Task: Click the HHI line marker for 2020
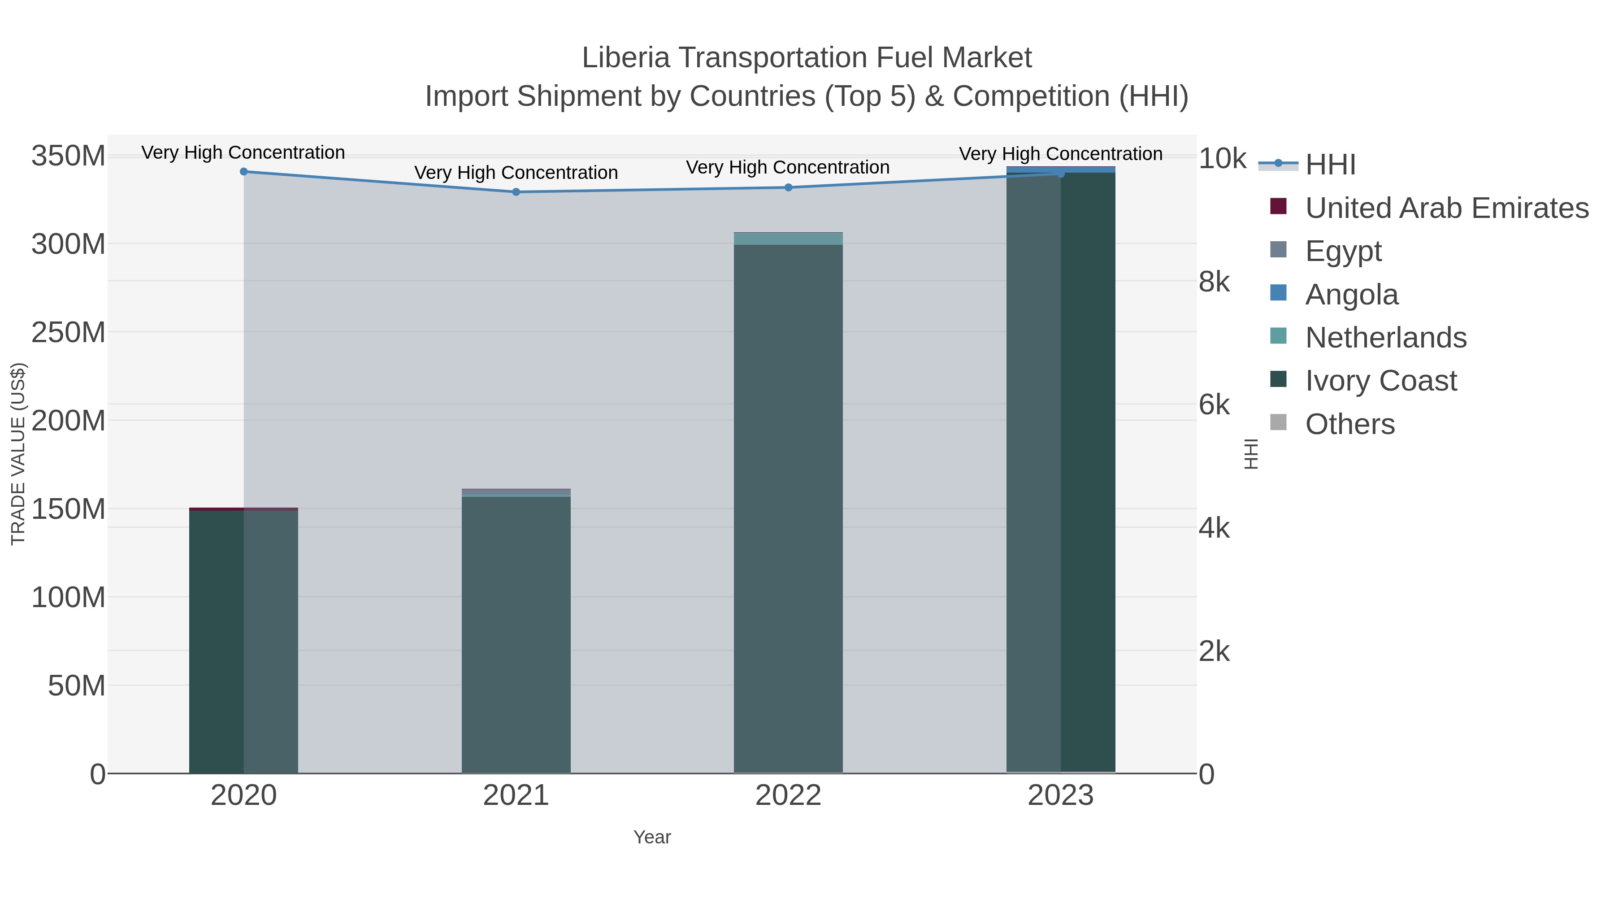pos(244,172)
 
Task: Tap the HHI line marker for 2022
pos(788,187)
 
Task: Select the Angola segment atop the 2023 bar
pos(1061,169)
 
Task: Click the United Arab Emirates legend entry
pos(1446,208)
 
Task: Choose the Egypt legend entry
pos(1343,251)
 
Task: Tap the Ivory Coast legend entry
pos(1380,381)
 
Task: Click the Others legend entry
pos(1349,424)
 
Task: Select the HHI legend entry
pos(1330,165)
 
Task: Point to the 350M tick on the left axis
pos(68,156)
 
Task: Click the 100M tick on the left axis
pos(68,597)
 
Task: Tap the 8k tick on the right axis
pos(1214,282)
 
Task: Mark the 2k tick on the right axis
pos(1214,652)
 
